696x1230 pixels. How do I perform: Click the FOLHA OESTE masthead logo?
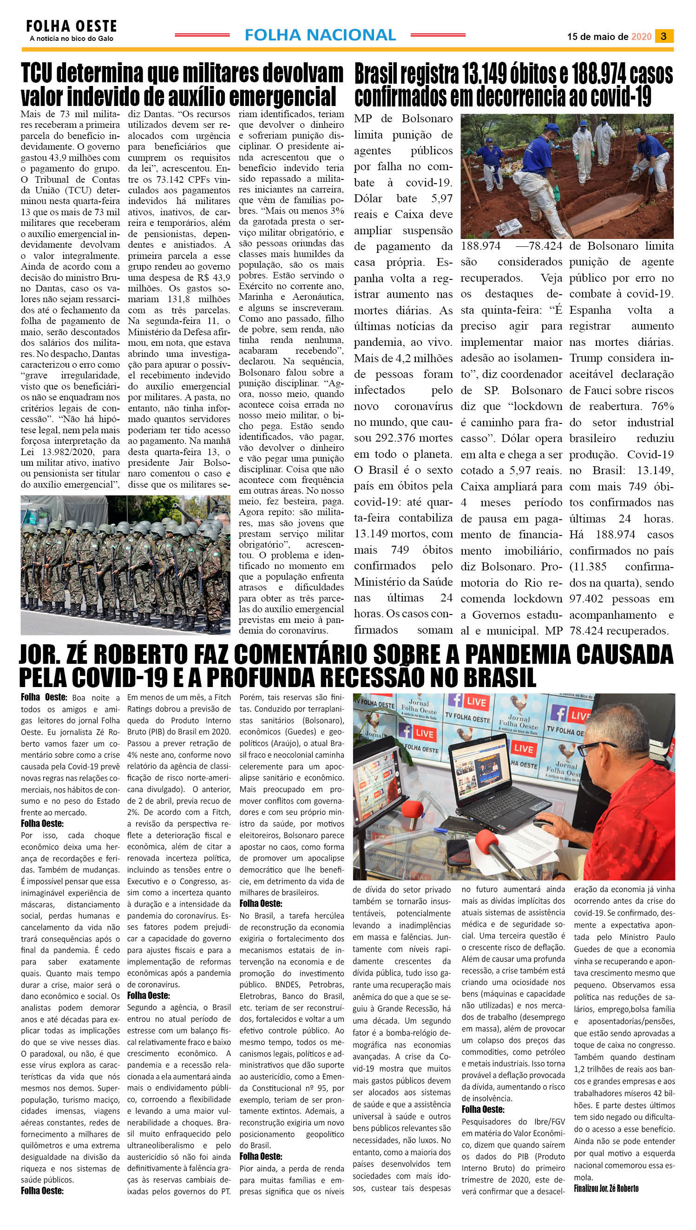pyautogui.click(x=71, y=26)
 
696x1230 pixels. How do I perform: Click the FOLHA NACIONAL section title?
pyautogui.click(x=320, y=35)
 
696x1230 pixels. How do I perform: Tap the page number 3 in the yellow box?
pyautogui.click(x=664, y=36)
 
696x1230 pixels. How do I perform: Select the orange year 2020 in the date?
pyautogui.click(x=641, y=37)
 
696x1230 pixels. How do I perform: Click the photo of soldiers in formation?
pyautogui.click(x=125, y=565)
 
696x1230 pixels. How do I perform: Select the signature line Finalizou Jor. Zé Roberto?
pyautogui.click(x=606, y=1188)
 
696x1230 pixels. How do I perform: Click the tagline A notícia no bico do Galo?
pyautogui.click(x=71, y=39)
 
